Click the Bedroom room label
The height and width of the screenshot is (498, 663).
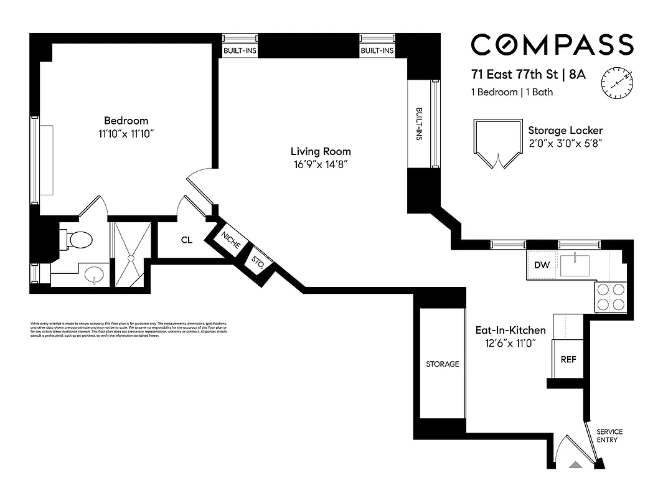click(x=126, y=121)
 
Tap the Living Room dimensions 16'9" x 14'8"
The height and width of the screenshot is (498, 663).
click(x=321, y=165)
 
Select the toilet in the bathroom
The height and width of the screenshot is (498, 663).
click(x=78, y=238)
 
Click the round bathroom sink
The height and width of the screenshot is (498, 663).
click(x=93, y=275)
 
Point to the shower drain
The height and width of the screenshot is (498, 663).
click(x=131, y=256)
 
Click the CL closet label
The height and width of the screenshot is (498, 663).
click(x=186, y=240)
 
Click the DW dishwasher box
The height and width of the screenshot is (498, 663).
click(x=542, y=265)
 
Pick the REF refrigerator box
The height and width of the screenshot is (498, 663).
click(x=568, y=360)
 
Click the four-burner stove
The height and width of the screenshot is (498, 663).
click(x=611, y=297)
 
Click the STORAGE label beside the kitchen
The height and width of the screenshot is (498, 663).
click(x=443, y=364)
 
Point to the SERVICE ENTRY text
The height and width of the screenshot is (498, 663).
click(x=609, y=436)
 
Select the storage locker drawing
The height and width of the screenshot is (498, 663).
click(x=496, y=144)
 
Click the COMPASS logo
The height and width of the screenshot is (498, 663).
click(x=552, y=45)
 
